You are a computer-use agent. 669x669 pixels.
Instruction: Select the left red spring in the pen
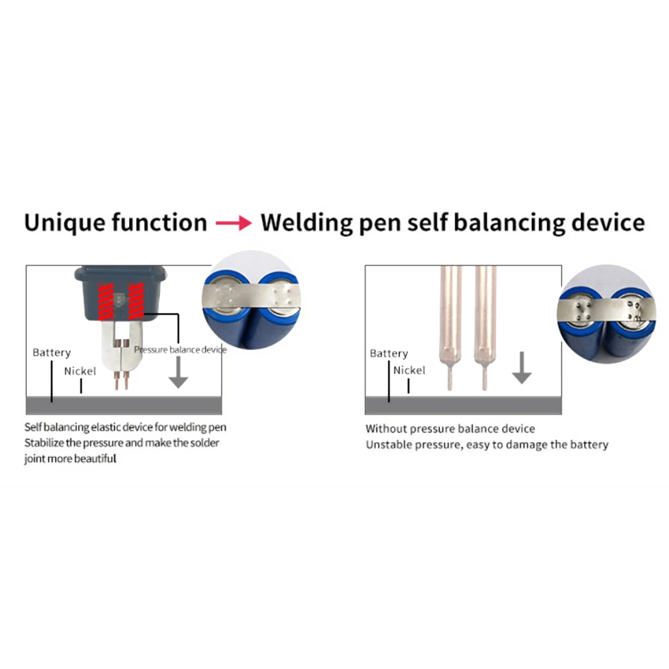[x=105, y=301]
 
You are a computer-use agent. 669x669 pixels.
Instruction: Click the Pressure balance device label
[x=180, y=350]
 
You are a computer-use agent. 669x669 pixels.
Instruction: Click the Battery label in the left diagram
[x=51, y=352]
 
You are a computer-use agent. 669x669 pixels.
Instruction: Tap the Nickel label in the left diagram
[x=80, y=371]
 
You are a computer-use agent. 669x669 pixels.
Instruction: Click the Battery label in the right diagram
[x=388, y=353]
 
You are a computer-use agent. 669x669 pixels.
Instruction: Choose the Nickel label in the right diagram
[x=409, y=370]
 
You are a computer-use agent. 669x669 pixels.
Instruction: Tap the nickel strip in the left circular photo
[x=251, y=298]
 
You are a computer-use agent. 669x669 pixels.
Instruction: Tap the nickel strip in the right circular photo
[x=606, y=312]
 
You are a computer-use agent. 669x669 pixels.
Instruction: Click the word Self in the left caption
[x=33, y=427]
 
